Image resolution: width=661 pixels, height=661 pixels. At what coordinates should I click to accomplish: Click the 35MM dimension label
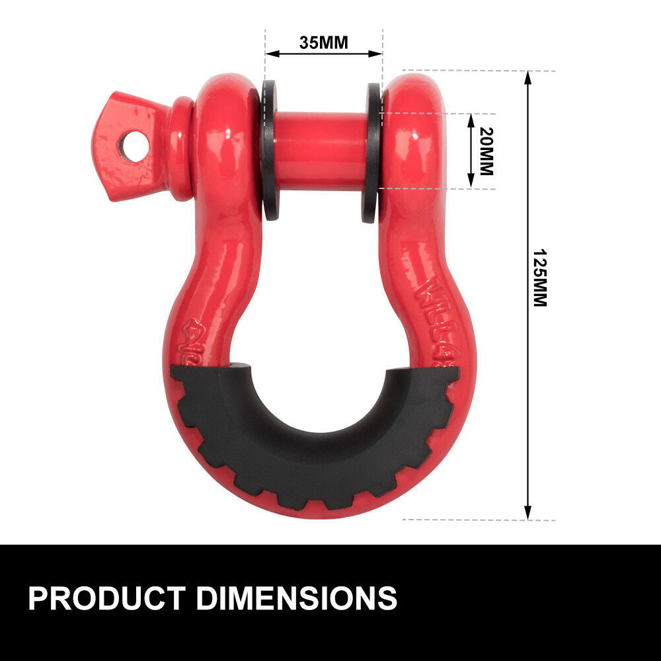[x=323, y=43]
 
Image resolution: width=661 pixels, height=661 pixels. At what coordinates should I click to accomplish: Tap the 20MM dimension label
[x=486, y=151]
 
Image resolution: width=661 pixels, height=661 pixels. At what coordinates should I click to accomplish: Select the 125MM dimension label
[x=540, y=278]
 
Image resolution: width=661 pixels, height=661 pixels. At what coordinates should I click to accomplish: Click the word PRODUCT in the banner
[x=106, y=598]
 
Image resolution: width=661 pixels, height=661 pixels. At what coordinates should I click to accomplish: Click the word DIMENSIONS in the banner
[x=297, y=598]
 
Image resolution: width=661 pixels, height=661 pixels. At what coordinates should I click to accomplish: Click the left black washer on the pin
[x=270, y=151]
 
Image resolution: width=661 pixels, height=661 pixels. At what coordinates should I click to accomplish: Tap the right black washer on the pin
[x=372, y=152]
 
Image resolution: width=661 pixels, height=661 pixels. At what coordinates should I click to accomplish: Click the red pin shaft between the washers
[x=321, y=151]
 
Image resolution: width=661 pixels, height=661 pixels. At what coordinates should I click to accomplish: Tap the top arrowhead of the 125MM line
[x=527, y=77]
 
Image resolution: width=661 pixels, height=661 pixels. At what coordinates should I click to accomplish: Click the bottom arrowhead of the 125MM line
[x=527, y=513]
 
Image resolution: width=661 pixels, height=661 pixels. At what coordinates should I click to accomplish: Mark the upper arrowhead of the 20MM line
[x=471, y=119]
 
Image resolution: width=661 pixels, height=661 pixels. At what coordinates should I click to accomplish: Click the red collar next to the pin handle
[x=180, y=149]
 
